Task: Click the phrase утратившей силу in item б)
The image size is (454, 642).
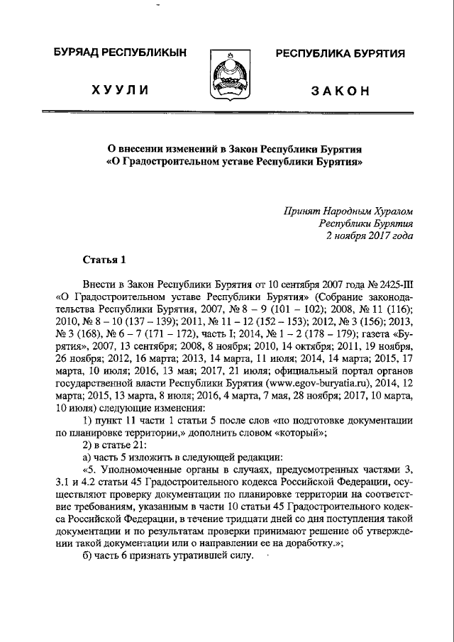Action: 216,554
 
